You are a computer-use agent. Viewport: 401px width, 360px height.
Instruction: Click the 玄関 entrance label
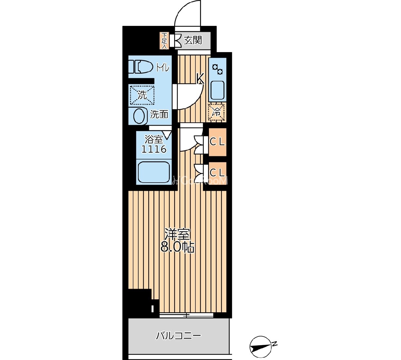193,40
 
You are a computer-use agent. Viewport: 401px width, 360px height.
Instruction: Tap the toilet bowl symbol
141,67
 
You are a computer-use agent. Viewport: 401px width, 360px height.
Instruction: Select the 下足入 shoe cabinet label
165,41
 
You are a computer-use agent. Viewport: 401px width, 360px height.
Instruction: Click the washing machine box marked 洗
142,94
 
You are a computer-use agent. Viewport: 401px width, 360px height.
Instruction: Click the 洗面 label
159,114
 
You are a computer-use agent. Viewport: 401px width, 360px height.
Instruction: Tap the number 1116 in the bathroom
154,149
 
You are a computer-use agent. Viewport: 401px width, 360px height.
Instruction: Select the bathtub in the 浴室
154,172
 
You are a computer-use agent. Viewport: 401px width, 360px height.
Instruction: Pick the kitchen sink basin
217,90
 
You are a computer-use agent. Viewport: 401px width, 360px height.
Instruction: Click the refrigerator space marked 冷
217,112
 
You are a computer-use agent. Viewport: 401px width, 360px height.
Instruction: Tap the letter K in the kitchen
200,79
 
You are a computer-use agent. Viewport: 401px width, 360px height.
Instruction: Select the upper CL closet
217,142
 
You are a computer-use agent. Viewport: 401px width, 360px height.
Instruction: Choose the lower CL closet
217,172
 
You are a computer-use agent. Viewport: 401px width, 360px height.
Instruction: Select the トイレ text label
163,68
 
